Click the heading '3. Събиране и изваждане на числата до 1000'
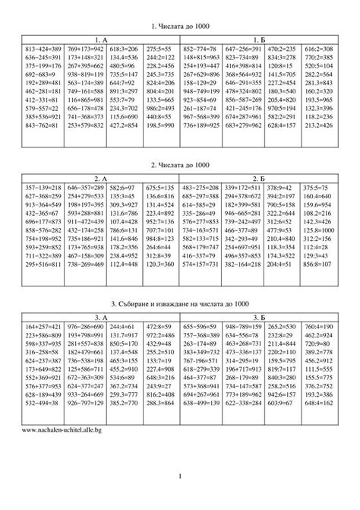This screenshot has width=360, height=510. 179,303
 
